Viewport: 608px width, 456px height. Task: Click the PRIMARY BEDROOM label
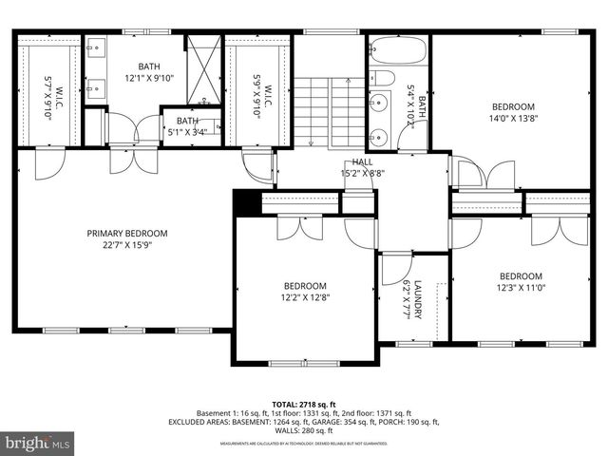pyautogui.click(x=126, y=233)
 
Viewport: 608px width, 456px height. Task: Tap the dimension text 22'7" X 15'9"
pyautogui.click(x=126, y=245)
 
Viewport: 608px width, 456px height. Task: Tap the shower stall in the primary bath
pyautogui.click(x=202, y=69)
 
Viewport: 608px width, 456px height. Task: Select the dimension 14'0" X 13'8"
pyautogui.click(x=512, y=119)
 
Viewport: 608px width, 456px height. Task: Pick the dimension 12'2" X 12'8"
pyautogui.click(x=305, y=297)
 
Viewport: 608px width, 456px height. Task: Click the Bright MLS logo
pyautogui.click(x=38, y=443)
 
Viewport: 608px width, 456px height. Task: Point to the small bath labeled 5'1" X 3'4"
pyautogui.click(x=187, y=126)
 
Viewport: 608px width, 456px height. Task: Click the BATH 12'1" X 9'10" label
pyautogui.click(x=149, y=72)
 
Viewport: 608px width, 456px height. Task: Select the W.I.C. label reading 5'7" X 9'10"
pyautogui.click(x=51, y=92)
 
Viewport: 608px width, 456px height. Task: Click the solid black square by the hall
pyautogui.click(x=245, y=203)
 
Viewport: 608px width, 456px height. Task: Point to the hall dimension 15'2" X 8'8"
pyautogui.click(x=361, y=174)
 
